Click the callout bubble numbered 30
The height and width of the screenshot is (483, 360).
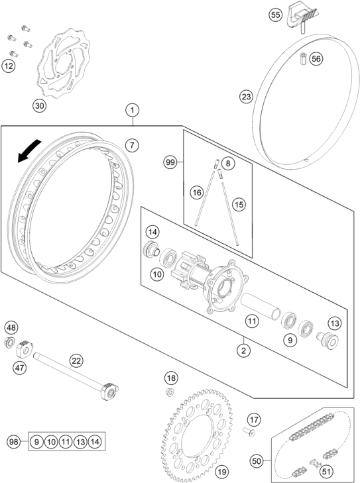[x=40, y=105]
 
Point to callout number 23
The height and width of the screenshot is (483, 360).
[x=247, y=97]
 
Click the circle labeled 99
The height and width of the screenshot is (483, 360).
[x=170, y=162]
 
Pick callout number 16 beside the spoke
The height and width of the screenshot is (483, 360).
[x=196, y=192]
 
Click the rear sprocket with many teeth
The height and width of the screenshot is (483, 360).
[x=200, y=431]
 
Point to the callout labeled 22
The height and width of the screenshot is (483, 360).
[x=76, y=360]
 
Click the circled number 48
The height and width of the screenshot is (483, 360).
[x=12, y=327]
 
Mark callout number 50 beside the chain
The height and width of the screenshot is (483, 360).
[x=257, y=460]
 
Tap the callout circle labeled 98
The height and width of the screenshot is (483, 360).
[x=13, y=441]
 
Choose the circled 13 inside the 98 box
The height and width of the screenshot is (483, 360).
[x=81, y=441]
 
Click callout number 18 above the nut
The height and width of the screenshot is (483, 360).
[x=172, y=378]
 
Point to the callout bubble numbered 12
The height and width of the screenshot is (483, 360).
[x=8, y=66]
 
